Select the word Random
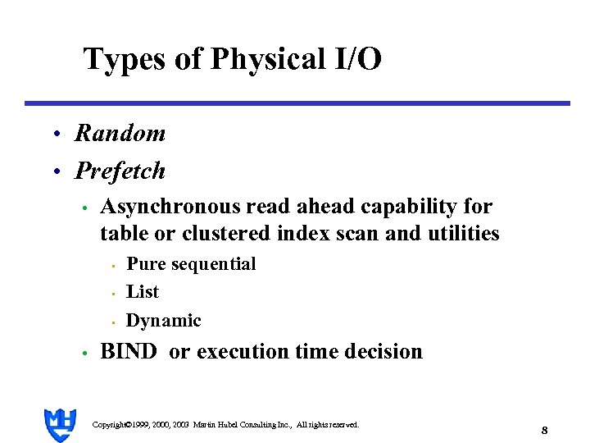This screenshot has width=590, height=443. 120,133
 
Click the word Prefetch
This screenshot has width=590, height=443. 120,171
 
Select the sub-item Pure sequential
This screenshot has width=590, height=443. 191,263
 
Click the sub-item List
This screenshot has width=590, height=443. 143,291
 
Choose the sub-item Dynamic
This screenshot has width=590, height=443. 163,320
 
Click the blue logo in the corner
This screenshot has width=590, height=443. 60,424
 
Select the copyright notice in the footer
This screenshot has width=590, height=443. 225,424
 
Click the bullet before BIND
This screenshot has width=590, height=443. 84,354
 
